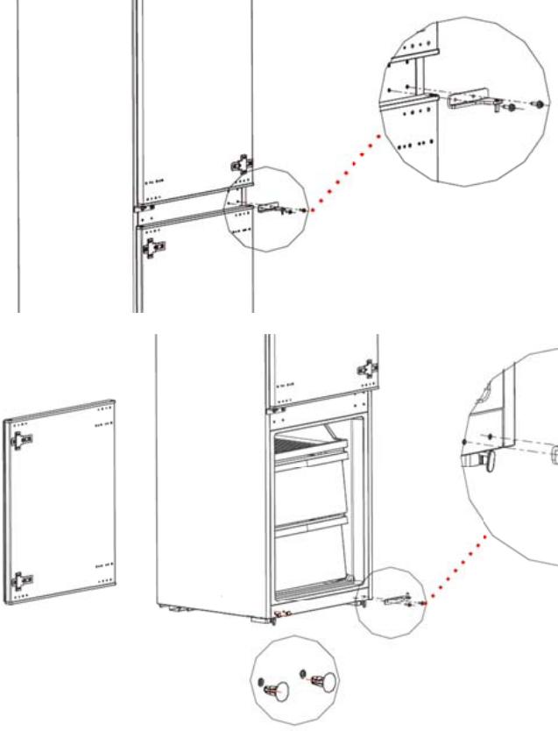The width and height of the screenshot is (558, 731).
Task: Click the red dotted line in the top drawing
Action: tap(346, 180)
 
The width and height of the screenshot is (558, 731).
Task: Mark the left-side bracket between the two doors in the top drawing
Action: tap(140, 209)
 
